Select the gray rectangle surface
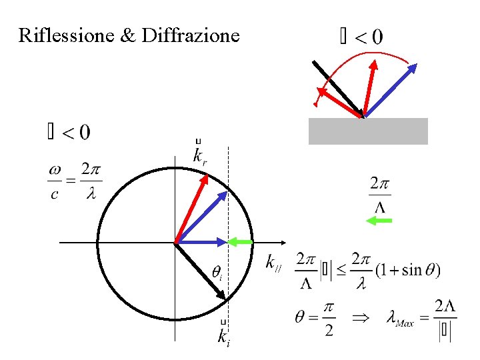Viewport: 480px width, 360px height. [x=367, y=131]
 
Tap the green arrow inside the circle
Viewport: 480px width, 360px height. [x=241, y=241]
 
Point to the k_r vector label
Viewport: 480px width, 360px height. [x=199, y=155]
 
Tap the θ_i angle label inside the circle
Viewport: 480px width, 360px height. [x=217, y=272]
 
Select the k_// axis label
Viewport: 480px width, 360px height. [x=274, y=263]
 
